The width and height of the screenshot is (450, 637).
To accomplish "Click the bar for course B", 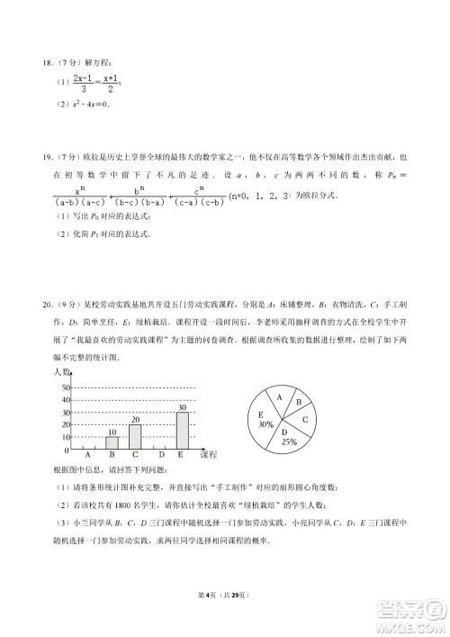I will tap(112, 443).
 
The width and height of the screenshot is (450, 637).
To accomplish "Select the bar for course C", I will tap(135, 437).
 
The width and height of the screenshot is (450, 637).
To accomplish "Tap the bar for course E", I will tap(182, 431).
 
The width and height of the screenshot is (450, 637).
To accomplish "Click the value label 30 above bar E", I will tap(182, 407).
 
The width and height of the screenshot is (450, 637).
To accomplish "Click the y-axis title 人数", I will tap(60, 372).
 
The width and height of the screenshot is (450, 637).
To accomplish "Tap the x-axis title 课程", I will tap(208, 454).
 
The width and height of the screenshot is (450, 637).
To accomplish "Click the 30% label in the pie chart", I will tap(265, 423).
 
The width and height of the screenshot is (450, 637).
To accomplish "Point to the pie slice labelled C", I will tap(306, 419).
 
